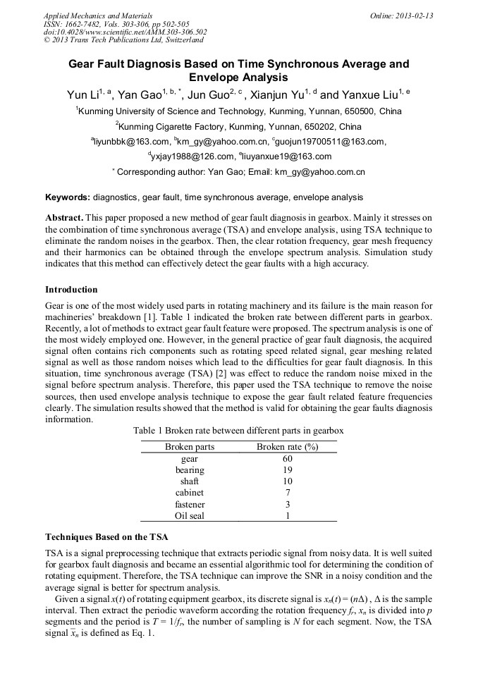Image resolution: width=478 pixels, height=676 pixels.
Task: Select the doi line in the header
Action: (x=125, y=32)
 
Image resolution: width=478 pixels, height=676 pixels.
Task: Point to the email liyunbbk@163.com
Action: (x=130, y=142)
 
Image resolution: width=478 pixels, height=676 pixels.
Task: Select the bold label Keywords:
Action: (x=67, y=197)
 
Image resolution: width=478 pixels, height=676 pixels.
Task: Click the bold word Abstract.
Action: (x=64, y=218)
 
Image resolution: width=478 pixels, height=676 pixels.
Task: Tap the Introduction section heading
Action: (x=71, y=290)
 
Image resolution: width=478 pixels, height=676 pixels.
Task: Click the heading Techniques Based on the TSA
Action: (x=106, y=537)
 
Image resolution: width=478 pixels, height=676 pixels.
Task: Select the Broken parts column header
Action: (x=190, y=447)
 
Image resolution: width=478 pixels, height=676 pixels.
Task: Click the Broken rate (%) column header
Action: (x=287, y=447)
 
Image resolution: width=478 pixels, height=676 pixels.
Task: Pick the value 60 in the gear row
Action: (x=287, y=459)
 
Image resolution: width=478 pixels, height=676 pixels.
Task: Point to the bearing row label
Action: (x=190, y=470)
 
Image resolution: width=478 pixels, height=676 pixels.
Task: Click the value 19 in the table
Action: (x=287, y=470)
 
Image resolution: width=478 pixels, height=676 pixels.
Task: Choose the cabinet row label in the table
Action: (x=190, y=493)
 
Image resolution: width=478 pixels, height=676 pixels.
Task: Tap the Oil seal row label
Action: (x=190, y=516)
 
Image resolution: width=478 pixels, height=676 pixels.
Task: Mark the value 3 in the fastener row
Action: (x=287, y=505)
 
